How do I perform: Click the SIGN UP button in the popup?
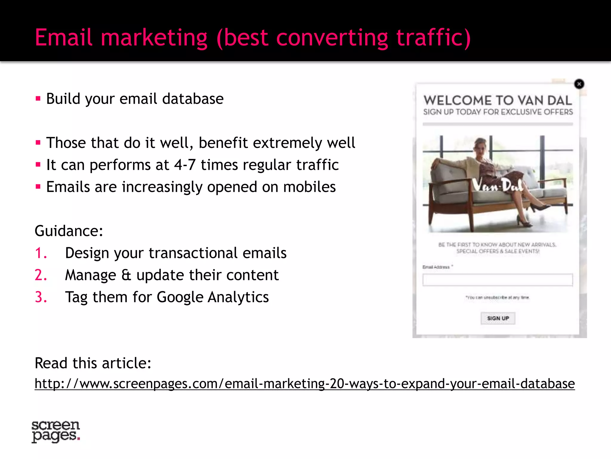click(498, 318)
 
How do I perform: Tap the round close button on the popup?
click(579, 84)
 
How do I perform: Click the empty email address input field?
click(497, 280)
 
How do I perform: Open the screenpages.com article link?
click(304, 384)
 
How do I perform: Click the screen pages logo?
click(56, 431)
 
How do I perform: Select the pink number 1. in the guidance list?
click(41, 253)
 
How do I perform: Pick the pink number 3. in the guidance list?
click(41, 297)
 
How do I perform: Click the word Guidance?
click(69, 231)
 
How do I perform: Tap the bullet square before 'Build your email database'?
click(38, 99)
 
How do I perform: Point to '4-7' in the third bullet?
click(185, 165)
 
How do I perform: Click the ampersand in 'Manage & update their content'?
click(126, 275)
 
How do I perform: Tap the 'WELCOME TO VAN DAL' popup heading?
click(498, 101)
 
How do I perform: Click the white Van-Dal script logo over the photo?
click(498, 186)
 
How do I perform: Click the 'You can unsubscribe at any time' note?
click(497, 298)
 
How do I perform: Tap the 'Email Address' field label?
click(436, 267)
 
